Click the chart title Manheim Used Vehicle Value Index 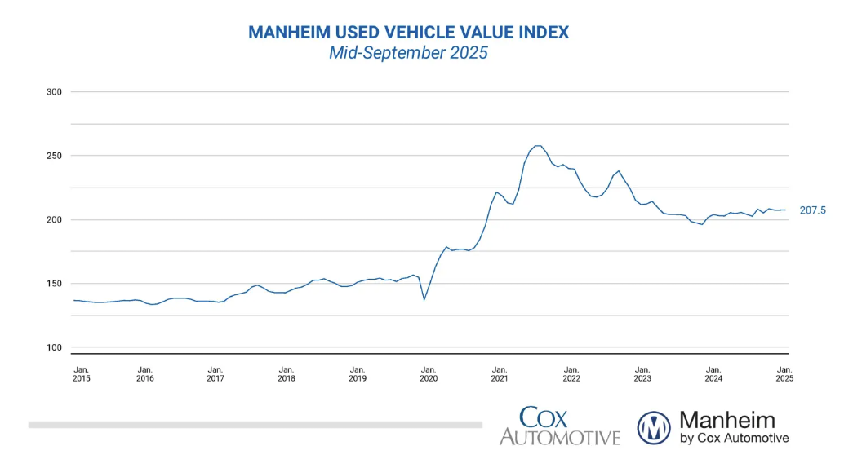[x=408, y=33]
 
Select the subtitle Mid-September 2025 [x=408, y=54]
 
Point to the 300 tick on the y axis [x=55, y=92]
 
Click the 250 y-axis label [x=55, y=156]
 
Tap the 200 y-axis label [x=55, y=220]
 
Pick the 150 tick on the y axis [x=55, y=284]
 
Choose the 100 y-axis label [x=55, y=348]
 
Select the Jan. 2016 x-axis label [x=144, y=373]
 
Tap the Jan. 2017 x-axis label [x=215, y=373]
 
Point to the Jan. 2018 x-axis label [x=287, y=373]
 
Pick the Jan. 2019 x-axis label [x=358, y=373]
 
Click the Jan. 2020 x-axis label [x=429, y=373]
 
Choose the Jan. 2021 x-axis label [x=500, y=373]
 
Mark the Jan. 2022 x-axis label [x=571, y=373]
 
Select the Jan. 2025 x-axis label [x=784, y=373]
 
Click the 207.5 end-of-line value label [x=812, y=210]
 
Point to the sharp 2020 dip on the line [x=424, y=299]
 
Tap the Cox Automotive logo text [x=559, y=426]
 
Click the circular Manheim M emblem [x=654, y=427]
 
